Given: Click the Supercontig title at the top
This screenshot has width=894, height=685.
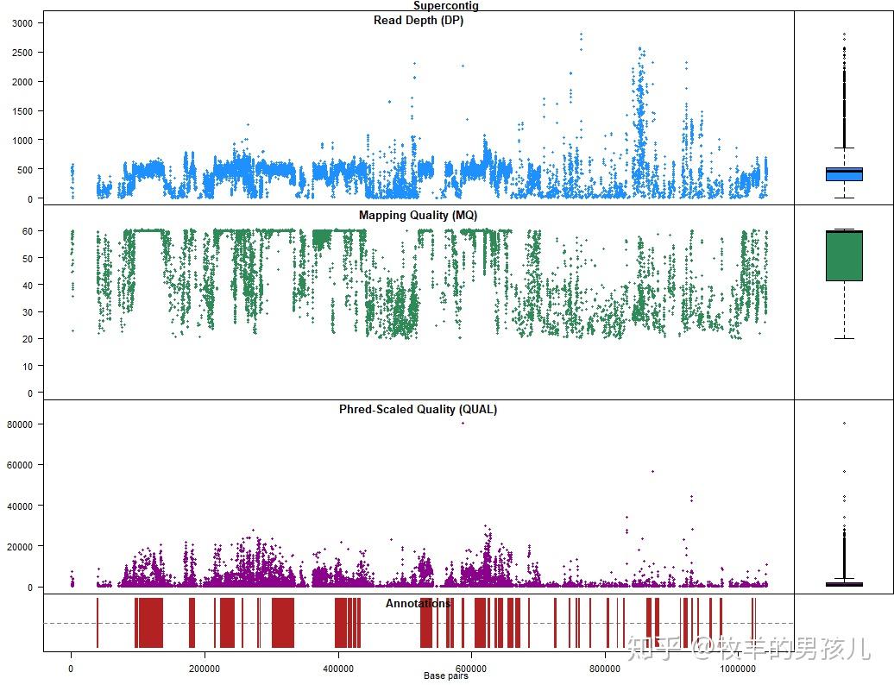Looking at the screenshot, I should pos(445,5).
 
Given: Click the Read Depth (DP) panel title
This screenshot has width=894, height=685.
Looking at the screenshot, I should pos(419,20).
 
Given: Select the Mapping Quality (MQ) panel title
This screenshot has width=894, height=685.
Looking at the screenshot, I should pos(418,215).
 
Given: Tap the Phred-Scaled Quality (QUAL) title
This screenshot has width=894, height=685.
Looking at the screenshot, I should pos(418,409).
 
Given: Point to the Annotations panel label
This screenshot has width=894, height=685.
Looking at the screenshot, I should pos(418,603).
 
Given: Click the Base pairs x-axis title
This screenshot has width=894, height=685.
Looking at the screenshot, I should pos(446,676).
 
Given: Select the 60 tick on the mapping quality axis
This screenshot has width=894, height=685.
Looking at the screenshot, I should pos(27,231).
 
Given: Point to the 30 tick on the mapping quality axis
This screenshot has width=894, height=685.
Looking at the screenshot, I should pos(27,312).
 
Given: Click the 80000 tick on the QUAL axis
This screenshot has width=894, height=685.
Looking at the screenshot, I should pos(19,424).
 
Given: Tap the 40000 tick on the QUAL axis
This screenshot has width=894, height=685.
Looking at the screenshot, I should pos(19,506).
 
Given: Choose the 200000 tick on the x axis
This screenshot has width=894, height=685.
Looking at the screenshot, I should pos(205,668).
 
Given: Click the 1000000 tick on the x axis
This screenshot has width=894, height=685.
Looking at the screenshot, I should pos(738,668).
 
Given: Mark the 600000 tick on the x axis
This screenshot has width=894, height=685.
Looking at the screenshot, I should pos(471,668).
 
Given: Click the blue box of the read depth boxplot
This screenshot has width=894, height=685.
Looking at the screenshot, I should pos(844,173).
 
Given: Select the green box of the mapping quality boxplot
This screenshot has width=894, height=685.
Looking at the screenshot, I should pos(844,255).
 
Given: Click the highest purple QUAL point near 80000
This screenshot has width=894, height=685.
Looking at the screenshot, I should pos(463,423).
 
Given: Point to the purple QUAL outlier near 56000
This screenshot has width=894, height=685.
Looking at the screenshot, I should pos(652,471).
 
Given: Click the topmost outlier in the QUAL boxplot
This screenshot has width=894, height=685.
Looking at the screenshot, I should pos(844,423).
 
